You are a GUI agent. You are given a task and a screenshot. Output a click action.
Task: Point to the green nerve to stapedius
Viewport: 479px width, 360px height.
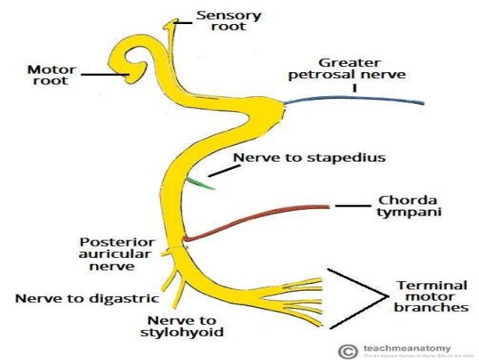pyautogui.click(x=200, y=183)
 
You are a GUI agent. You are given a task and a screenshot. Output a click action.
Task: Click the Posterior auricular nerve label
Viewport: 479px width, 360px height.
pyautogui.click(x=119, y=253)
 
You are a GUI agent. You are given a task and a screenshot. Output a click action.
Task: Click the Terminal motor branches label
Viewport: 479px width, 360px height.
pyautogui.click(x=432, y=296)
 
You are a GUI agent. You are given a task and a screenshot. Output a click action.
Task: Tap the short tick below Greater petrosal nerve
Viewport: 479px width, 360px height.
pyautogui.click(x=353, y=87)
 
